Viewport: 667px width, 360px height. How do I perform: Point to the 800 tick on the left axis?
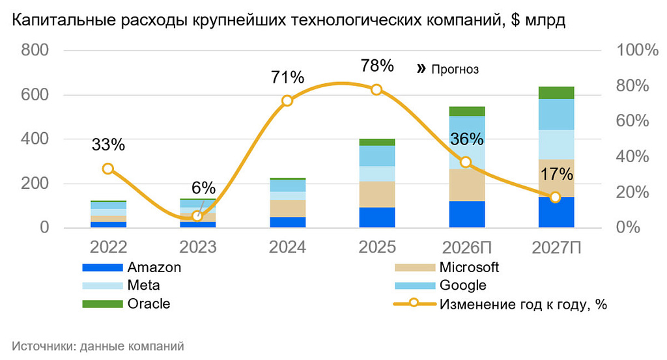pos(35,51)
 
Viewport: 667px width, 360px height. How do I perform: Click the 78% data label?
pos(377,66)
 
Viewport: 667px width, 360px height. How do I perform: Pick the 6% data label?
pos(203,188)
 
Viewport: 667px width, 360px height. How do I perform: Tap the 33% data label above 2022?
pos(108,145)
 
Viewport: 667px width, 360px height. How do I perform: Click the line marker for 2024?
pos(287,101)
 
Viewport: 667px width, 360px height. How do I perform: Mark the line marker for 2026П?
pos(466,162)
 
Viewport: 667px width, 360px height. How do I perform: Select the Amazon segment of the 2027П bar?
pos(556,212)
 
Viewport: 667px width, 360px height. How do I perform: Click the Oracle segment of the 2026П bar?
pos(466,111)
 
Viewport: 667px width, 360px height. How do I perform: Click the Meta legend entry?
pos(143,285)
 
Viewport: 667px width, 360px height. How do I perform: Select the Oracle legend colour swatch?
pos(102,304)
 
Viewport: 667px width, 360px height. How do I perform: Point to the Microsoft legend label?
pos(469,267)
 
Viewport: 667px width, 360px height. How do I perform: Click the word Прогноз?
pos(455,69)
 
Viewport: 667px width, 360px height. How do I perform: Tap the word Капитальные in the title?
pos(56,21)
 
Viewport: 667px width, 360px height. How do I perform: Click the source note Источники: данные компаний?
pos(98,346)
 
